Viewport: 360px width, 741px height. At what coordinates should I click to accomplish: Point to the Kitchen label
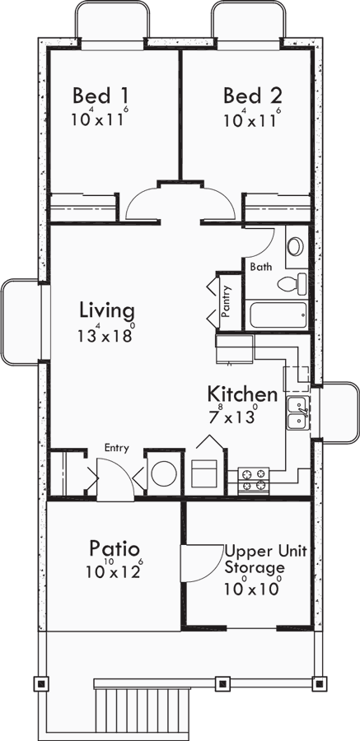click(241, 394)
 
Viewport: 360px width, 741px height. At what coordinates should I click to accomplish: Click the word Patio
click(114, 548)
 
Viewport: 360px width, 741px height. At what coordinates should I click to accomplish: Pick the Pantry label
click(227, 301)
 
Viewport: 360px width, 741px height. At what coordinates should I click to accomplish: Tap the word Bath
click(260, 267)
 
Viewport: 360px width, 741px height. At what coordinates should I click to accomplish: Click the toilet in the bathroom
click(290, 284)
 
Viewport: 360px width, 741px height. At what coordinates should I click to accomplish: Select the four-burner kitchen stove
click(254, 479)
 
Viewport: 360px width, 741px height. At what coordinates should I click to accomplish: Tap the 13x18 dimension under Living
click(106, 336)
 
